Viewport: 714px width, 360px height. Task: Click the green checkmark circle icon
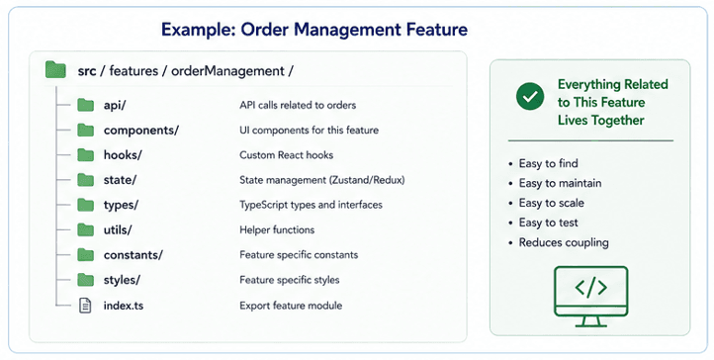point(530,96)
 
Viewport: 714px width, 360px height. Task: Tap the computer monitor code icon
point(591,297)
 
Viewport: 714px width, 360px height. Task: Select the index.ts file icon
point(85,306)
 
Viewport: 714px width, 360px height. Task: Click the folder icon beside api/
point(85,105)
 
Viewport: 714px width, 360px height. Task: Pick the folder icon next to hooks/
point(85,154)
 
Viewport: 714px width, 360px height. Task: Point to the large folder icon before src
point(55,70)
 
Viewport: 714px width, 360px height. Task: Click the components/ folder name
point(141,131)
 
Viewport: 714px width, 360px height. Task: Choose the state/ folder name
point(120,180)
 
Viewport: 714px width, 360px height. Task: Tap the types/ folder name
point(121,206)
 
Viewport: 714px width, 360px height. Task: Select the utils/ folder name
point(118,229)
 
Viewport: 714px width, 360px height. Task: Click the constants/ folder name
point(133,255)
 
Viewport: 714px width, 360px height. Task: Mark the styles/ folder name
point(122,280)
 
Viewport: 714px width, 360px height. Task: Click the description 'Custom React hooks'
point(287,154)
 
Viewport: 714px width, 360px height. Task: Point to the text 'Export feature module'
point(291,306)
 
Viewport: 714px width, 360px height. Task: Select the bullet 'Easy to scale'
point(552,203)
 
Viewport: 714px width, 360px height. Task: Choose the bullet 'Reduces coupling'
point(564,242)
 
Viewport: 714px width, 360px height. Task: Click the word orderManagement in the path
point(227,71)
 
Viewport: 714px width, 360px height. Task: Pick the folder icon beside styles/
point(85,280)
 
